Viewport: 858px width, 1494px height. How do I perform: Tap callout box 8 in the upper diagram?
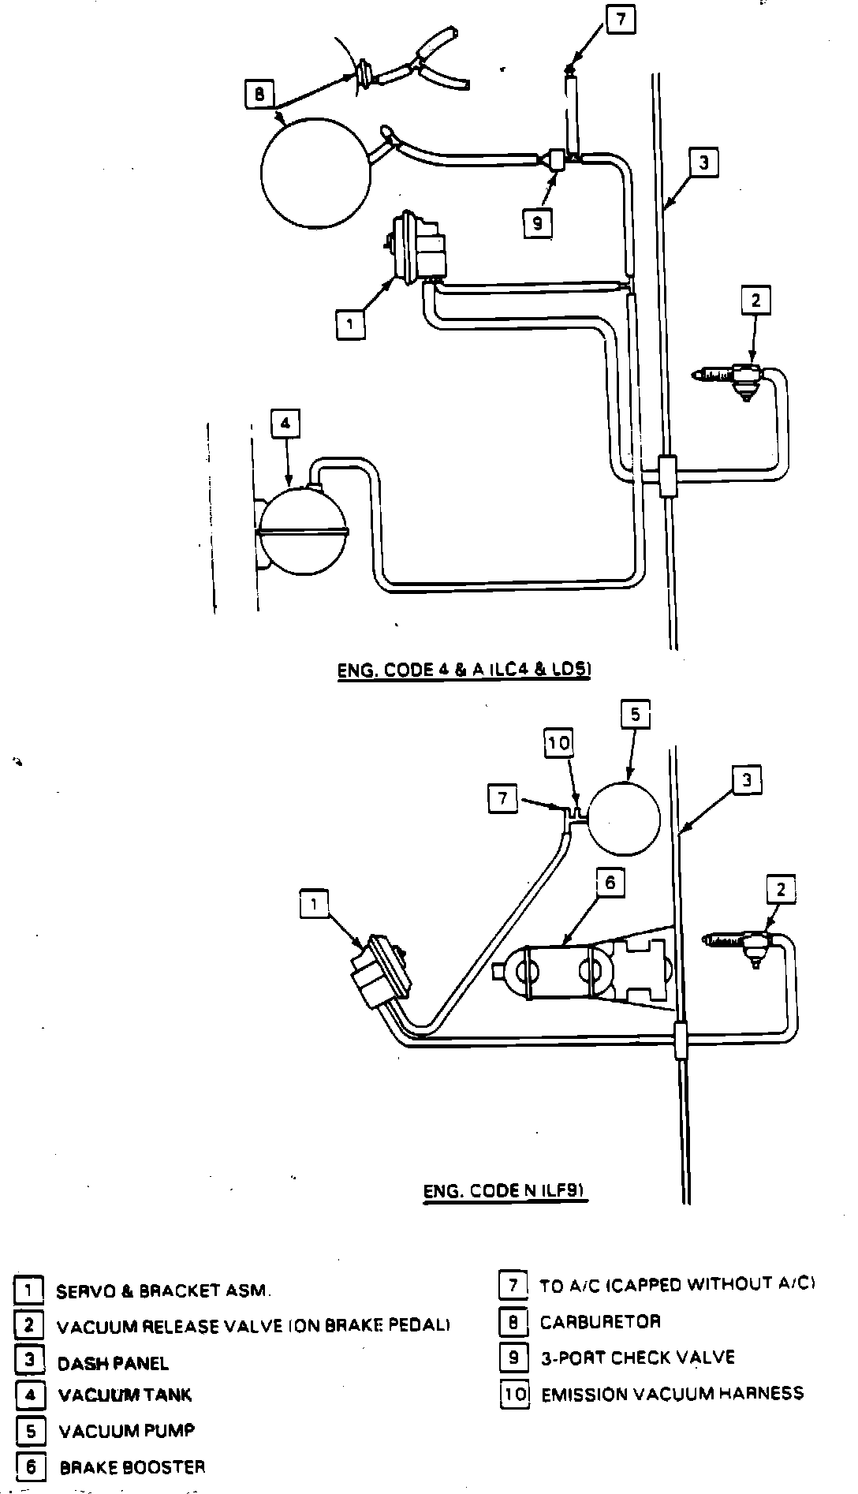259,95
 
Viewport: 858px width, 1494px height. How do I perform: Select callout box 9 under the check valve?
537,223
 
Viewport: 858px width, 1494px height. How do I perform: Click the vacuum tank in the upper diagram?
304,528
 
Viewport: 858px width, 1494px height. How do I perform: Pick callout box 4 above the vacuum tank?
285,424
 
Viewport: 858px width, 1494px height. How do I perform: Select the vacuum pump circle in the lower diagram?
625,817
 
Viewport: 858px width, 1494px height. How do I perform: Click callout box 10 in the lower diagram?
558,743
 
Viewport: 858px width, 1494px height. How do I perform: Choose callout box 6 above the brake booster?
610,883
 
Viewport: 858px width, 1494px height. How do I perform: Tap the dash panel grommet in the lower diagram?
681,1040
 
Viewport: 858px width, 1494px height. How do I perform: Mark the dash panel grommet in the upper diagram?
667,476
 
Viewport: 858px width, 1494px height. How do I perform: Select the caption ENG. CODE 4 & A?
464,670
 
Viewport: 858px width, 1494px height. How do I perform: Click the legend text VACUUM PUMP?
126,1430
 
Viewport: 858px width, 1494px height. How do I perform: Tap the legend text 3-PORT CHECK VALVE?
637,1357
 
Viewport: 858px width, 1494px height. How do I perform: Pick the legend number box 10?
514,1394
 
